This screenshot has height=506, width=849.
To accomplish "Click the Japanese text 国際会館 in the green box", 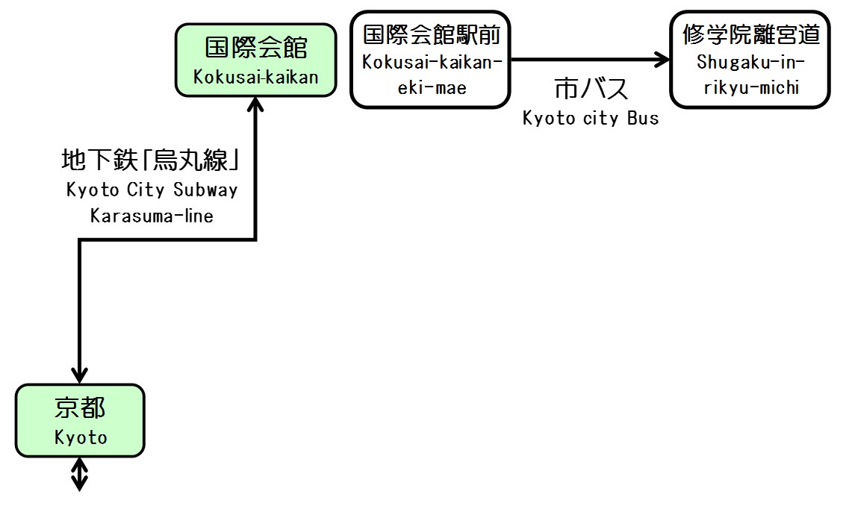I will [x=256, y=49].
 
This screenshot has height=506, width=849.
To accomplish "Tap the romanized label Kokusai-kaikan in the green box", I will [x=256, y=76].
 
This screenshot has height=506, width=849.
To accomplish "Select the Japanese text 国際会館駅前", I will [x=431, y=34].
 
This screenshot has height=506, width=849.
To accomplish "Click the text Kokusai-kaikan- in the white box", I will [x=431, y=62].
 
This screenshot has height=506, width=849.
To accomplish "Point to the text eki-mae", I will [x=431, y=88].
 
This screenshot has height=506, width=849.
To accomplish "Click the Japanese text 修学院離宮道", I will [x=750, y=34].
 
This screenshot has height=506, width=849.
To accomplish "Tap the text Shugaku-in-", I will [x=750, y=62].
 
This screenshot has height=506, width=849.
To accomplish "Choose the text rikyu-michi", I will [x=750, y=88].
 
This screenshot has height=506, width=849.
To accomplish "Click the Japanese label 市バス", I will [x=591, y=90].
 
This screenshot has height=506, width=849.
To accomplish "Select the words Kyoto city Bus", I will [x=591, y=118].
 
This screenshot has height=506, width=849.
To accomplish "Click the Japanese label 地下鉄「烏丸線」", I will [x=153, y=160].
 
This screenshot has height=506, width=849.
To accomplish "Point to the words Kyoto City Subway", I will [x=152, y=190].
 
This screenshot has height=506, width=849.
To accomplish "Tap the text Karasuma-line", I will [x=152, y=216].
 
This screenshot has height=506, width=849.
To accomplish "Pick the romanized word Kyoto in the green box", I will [x=80, y=437].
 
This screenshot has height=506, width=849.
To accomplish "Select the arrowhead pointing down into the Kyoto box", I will [x=79, y=373].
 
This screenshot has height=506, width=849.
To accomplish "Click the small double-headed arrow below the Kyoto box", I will [x=79, y=475].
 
